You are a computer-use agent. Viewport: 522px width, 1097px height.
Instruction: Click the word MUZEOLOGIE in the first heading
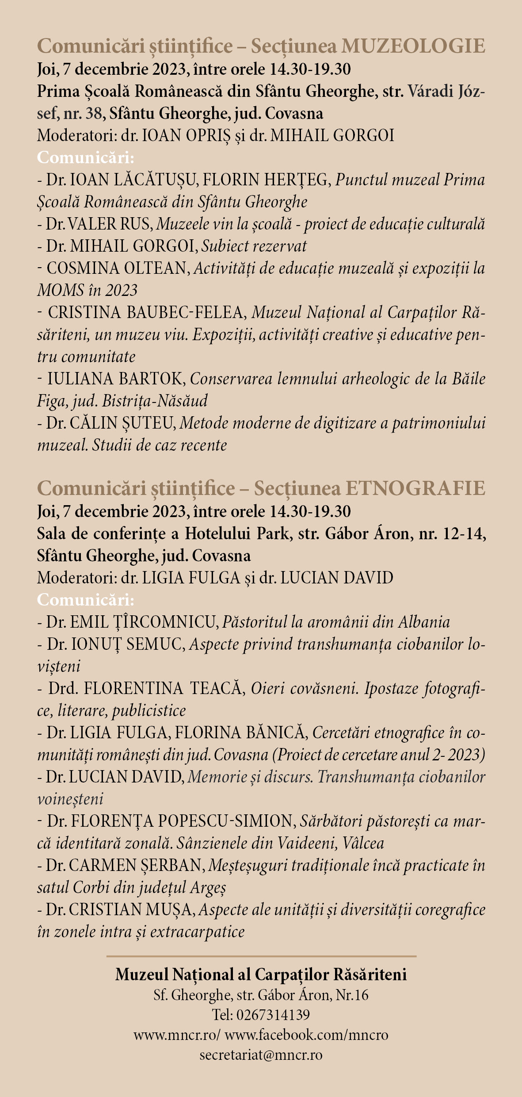tap(414, 46)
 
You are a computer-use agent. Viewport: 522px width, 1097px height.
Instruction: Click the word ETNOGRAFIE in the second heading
tap(415, 488)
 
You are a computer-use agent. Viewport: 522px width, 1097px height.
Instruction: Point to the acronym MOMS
tap(61, 291)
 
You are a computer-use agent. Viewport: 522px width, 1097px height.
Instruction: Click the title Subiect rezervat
tap(254, 246)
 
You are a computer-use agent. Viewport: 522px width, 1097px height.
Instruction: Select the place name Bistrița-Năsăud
tap(155, 401)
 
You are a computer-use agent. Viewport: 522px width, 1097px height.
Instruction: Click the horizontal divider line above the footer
tap(261, 956)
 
